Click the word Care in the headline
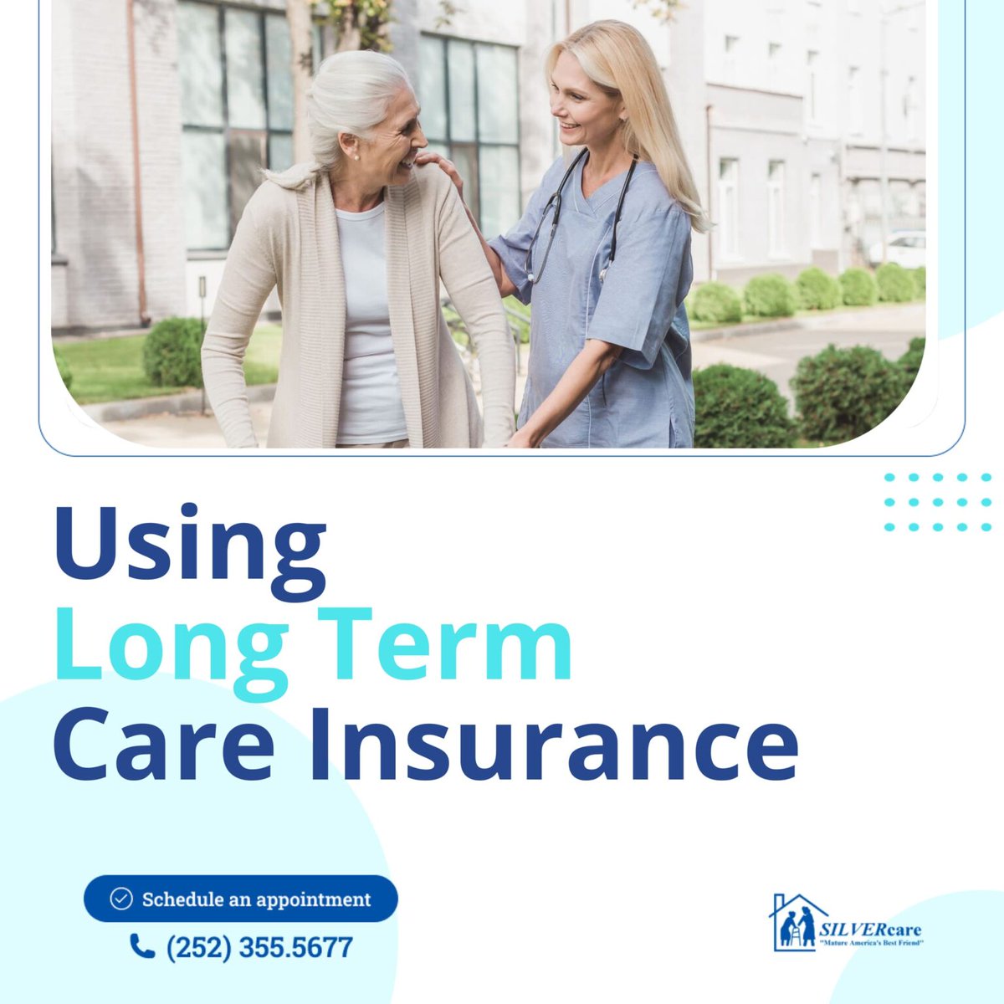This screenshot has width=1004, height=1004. tap(164, 740)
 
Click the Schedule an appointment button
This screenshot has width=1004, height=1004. tap(241, 899)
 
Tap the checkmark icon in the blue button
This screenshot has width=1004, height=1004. tap(121, 899)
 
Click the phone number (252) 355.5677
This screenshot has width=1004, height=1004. tap(259, 948)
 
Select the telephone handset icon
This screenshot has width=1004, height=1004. tap(142, 946)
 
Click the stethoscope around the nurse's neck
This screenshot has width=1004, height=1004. tap(577, 209)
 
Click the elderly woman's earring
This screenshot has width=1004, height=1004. tap(355, 156)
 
